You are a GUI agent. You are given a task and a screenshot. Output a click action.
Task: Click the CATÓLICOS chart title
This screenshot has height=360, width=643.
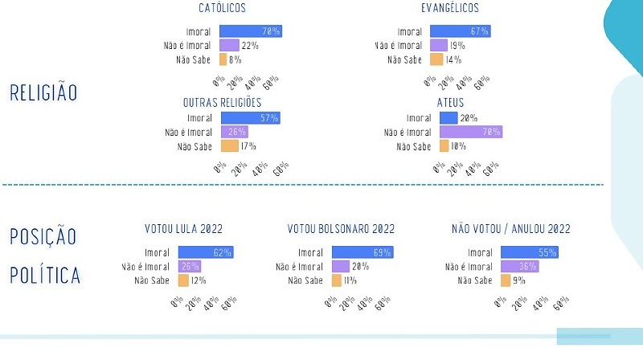(222, 8)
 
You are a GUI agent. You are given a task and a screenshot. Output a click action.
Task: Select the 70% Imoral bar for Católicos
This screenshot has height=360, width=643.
(250, 31)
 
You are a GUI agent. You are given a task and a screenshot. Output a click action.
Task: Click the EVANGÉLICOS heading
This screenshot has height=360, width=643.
(449, 8)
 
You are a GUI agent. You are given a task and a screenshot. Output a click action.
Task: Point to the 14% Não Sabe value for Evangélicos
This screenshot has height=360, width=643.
(453, 59)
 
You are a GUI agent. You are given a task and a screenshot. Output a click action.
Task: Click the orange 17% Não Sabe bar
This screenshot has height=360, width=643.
(229, 145)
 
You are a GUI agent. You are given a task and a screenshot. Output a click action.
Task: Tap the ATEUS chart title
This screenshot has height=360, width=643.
(449, 103)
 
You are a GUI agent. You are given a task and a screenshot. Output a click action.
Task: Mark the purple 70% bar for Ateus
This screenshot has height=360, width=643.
(470, 132)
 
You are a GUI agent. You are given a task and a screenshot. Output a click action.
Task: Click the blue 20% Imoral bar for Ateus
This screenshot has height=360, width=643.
(448, 118)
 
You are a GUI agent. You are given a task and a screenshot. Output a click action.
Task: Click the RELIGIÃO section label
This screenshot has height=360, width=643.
(43, 92)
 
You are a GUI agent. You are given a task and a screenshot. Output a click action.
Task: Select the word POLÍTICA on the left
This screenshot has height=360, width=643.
(45, 276)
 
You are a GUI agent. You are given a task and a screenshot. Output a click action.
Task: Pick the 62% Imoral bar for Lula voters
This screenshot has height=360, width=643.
(205, 252)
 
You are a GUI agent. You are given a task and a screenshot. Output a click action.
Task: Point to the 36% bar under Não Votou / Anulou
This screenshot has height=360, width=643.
(519, 266)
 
